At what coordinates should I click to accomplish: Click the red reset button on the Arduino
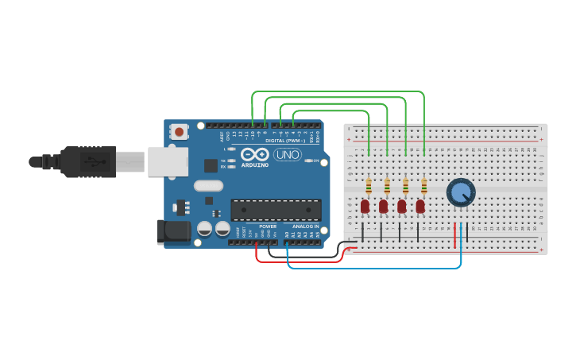[x=179, y=132]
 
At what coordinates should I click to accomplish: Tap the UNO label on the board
[x=287, y=154]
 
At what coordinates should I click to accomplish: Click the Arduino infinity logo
[x=255, y=154]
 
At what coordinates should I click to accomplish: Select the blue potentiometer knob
[x=460, y=192]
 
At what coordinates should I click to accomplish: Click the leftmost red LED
[x=365, y=207]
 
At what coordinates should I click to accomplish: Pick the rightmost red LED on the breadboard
[x=420, y=207]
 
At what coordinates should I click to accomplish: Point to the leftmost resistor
[x=369, y=186]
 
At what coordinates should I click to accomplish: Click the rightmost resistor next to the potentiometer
[x=424, y=186]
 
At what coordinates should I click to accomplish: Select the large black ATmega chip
[x=276, y=210]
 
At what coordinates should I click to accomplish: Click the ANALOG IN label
[x=304, y=226]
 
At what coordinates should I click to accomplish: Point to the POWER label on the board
[x=267, y=226]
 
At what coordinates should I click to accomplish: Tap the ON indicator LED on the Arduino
[x=311, y=161]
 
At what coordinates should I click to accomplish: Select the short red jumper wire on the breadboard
[x=455, y=235]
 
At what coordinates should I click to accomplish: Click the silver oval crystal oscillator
[x=208, y=186]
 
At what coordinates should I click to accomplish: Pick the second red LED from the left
[x=383, y=207]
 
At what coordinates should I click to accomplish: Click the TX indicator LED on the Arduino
[x=232, y=161]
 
